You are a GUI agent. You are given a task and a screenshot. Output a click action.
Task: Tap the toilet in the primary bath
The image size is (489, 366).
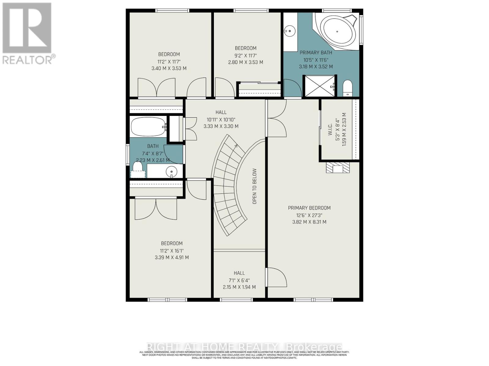coord(347,88)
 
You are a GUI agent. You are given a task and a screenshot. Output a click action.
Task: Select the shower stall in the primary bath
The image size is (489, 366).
coord(319,86)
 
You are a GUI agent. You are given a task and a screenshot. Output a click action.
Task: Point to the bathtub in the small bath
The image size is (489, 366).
coord(148,127)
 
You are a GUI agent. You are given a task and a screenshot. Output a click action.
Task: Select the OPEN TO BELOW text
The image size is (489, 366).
coord(255,186)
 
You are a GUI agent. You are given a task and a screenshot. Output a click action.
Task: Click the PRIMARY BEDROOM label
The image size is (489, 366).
coord(309,208)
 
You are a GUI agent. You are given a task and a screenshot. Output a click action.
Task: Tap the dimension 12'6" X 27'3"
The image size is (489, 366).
coord(309,215)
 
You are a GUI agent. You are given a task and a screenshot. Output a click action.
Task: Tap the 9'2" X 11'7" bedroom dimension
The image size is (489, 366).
coord(245,55)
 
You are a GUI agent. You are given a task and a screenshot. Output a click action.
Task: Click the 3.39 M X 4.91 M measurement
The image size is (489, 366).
coord(172,257)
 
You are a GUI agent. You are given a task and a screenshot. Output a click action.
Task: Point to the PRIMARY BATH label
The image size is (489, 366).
coord(316,52)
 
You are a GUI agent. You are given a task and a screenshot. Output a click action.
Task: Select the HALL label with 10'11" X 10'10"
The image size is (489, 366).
coord(221,112)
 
